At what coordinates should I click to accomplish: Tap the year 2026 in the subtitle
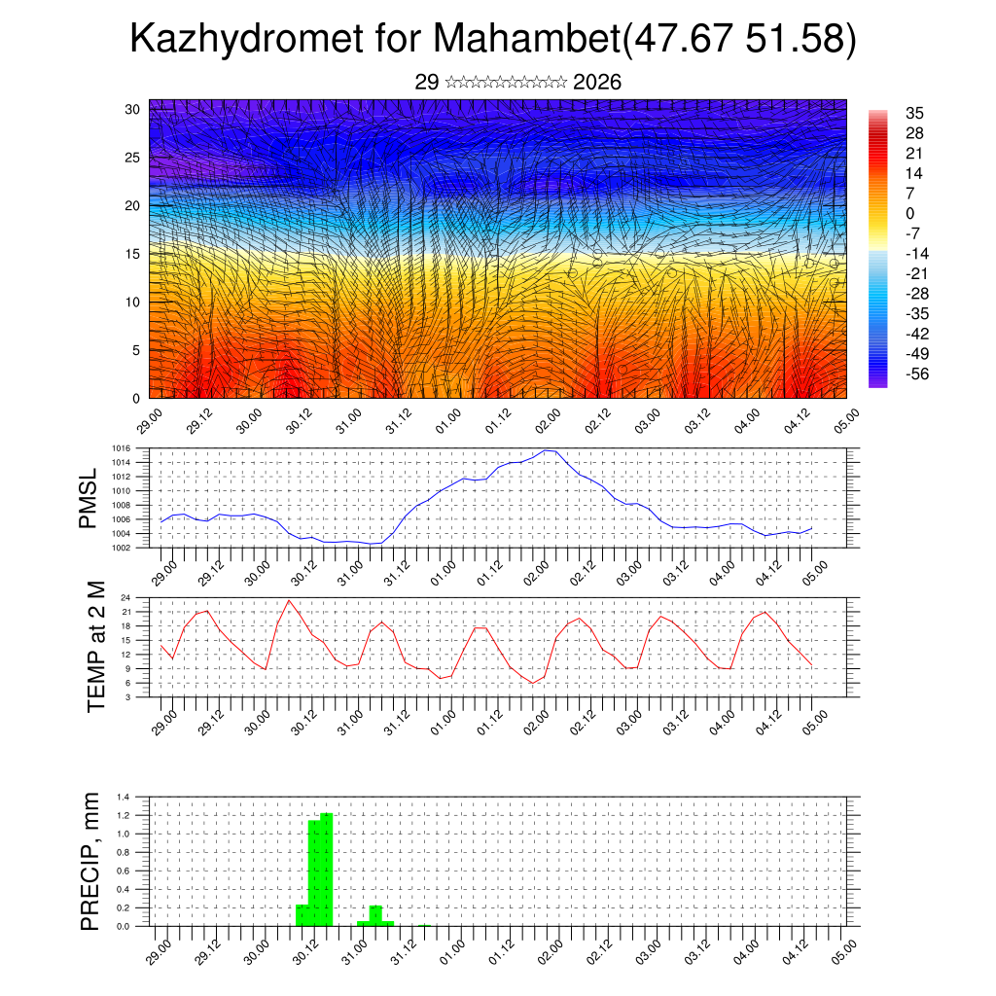[597, 83]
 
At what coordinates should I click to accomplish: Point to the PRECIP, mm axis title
[90, 860]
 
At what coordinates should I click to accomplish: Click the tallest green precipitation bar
[327, 869]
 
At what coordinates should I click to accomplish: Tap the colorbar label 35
[913, 113]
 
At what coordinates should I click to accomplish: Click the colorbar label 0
[910, 214]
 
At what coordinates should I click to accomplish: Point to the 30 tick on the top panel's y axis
[131, 109]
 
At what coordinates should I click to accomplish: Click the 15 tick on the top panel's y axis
[131, 254]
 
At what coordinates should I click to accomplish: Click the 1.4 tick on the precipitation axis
[124, 797]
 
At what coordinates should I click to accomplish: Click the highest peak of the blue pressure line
[547, 450]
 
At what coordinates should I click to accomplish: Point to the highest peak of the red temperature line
[289, 600]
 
